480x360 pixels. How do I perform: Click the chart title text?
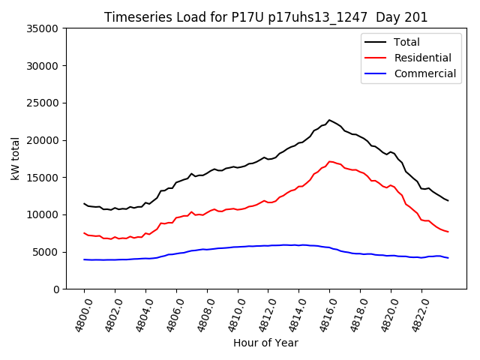[265, 17]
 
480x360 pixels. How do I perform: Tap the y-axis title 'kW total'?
[16, 159]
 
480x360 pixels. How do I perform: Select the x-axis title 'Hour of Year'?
[265, 343]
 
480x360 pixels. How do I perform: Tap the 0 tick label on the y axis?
[56, 289]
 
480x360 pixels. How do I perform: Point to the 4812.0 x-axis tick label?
[265, 312]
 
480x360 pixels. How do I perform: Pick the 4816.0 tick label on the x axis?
[326, 312]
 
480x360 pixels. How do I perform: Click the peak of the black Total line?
[329, 120]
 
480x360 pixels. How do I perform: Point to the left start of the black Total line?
[84, 203]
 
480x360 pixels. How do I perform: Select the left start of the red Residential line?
[84, 233]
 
